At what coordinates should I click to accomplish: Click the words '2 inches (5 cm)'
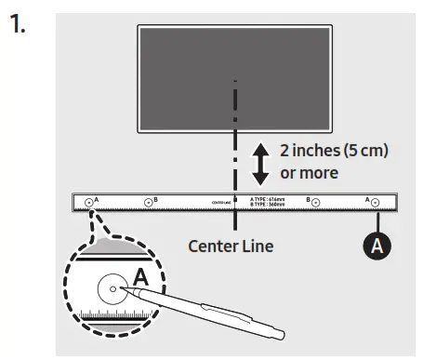click(x=322, y=150)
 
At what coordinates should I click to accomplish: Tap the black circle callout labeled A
click(x=377, y=245)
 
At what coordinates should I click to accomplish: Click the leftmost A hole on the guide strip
click(x=90, y=202)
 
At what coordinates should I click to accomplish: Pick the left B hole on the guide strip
click(x=148, y=202)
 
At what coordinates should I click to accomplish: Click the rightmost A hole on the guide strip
click(x=374, y=202)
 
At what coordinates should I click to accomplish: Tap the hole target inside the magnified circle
click(x=113, y=290)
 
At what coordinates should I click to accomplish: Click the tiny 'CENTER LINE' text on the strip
click(x=221, y=201)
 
